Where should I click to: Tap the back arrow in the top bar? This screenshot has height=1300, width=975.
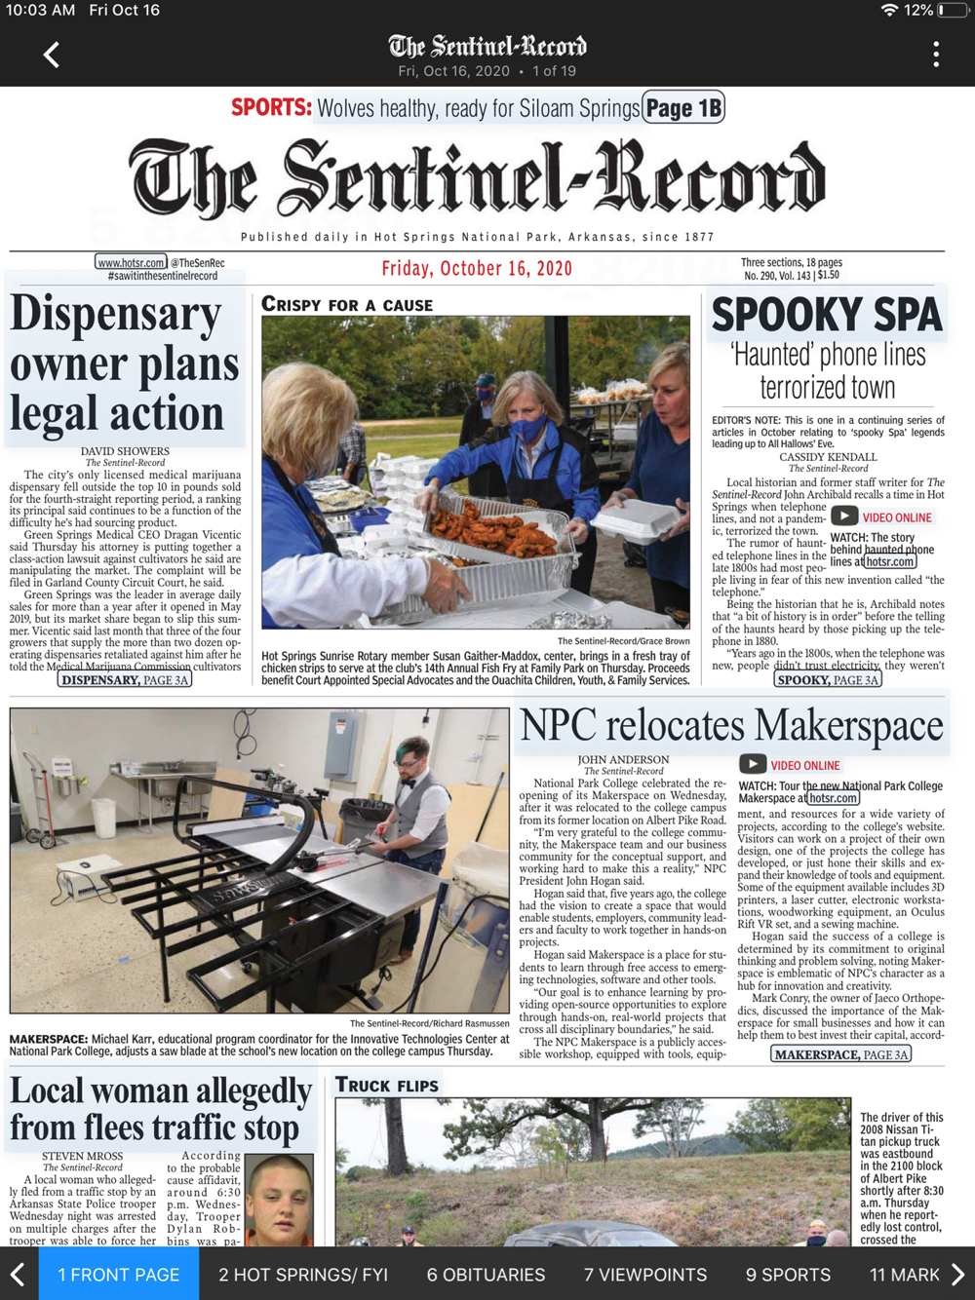coord(52,55)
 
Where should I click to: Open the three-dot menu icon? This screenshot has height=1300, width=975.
coord(936,55)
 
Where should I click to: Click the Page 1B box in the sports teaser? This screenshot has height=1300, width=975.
coord(683,108)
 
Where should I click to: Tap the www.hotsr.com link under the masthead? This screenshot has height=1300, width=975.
coord(132,262)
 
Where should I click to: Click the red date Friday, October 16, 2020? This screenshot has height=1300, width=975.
coord(477,269)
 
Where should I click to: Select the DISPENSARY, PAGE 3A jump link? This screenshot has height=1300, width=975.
coord(125,679)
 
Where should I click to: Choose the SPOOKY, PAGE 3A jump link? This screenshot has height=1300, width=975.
coord(828,679)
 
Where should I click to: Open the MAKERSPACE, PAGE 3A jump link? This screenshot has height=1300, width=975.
coord(841,1053)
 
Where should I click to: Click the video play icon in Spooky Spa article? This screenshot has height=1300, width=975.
coord(843,516)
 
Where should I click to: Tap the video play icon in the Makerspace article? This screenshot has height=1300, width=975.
coord(752,765)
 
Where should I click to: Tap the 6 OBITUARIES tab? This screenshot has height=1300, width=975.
coord(486,1275)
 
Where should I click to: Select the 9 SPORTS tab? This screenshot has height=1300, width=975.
coord(788,1275)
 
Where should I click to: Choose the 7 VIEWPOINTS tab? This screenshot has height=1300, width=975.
coord(645,1275)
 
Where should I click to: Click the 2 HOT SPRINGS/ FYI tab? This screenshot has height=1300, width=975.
coord(303,1275)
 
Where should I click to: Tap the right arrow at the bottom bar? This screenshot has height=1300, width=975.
coord(957,1275)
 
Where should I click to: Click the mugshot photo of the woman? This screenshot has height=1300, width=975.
coord(280,1199)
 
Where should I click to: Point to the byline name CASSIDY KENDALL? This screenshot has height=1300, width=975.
coord(828,457)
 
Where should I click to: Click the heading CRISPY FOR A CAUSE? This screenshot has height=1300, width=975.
coord(347,305)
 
